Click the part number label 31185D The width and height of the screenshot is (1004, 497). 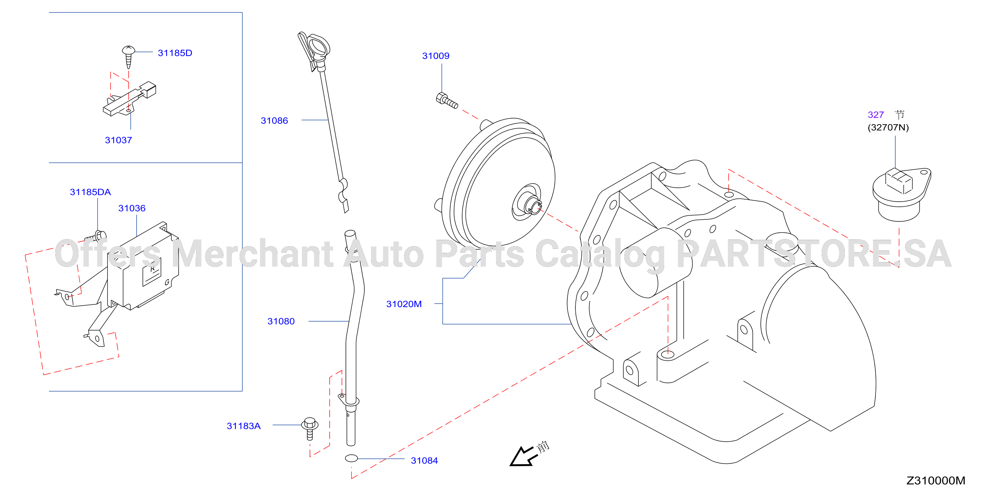pyautogui.click(x=175, y=53)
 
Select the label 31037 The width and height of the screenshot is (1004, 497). pyautogui.click(x=119, y=140)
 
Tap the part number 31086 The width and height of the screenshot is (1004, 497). pyautogui.click(x=274, y=121)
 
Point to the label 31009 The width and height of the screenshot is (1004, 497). pyautogui.click(x=436, y=56)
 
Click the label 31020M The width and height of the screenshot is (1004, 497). pyautogui.click(x=404, y=304)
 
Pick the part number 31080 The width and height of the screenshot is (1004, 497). pyautogui.click(x=281, y=321)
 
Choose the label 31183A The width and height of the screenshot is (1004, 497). pyautogui.click(x=244, y=426)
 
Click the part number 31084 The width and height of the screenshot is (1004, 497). pyautogui.click(x=425, y=461)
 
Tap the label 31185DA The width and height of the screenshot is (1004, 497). pyautogui.click(x=90, y=192)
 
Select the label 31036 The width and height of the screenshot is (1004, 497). pyautogui.click(x=132, y=208)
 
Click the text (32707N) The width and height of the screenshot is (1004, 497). pyautogui.click(x=888, y=127)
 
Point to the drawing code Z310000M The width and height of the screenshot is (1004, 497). pyautogui.click(x=936, y=481)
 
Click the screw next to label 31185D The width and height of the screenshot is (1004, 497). pyautogui.click(x=129, y=57)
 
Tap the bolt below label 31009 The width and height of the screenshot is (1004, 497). pyautogui.click(x=447, y=100)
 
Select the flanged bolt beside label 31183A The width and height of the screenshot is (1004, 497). pyautogui.click(x=310, y=428)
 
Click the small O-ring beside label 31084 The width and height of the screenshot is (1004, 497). pyautogui.click(x=351, y=458)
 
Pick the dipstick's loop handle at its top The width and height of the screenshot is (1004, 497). pyautogui.click(x=319, y=46)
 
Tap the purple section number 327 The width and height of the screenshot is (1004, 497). pyautogui.click(x=875, y=115)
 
